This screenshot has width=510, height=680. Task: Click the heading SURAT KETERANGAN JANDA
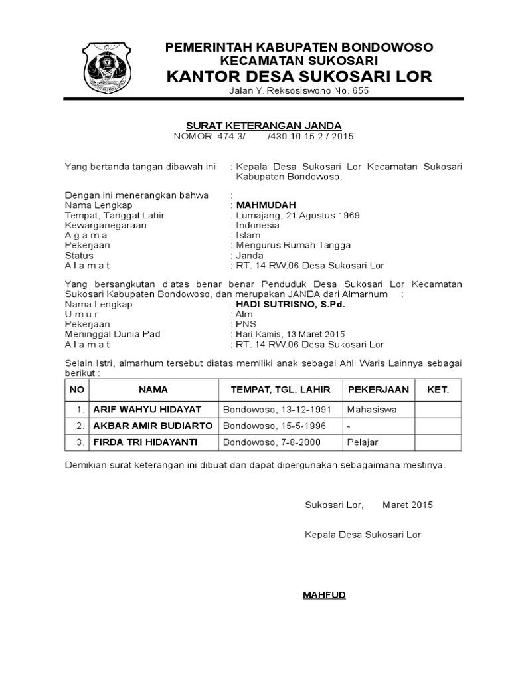tap(263, 125)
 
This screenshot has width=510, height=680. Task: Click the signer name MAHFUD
tap(324, 594)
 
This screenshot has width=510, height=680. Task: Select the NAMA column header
tap(153, 390)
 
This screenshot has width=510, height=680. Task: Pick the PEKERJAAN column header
tap(378, 390)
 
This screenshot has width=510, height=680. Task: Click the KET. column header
tap(438, 390)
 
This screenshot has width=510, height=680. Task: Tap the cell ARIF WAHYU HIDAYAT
tap(147, 410)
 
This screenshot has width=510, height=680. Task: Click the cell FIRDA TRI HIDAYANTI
tap(145, 442)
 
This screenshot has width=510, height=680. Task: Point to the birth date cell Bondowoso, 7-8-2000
tap(272, 442)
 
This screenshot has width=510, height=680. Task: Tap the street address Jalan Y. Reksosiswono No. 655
tap(298, 90)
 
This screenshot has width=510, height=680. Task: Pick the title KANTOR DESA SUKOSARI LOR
tap(299, 76)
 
